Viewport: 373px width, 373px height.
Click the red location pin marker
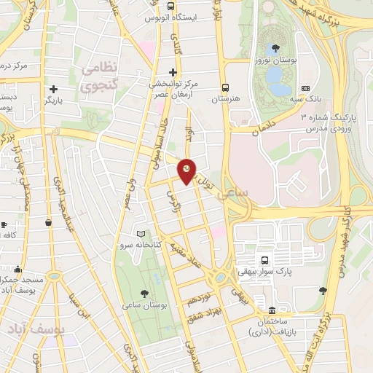pos(188,170)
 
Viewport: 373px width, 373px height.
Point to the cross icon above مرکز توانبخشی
pos(173,71)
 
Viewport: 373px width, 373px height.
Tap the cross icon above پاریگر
pos(53,88)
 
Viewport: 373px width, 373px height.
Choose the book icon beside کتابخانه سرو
pos(141,234)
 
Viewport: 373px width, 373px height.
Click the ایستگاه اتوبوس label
pos(173,17)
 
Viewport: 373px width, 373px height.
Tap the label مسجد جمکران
pos(22,278)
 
